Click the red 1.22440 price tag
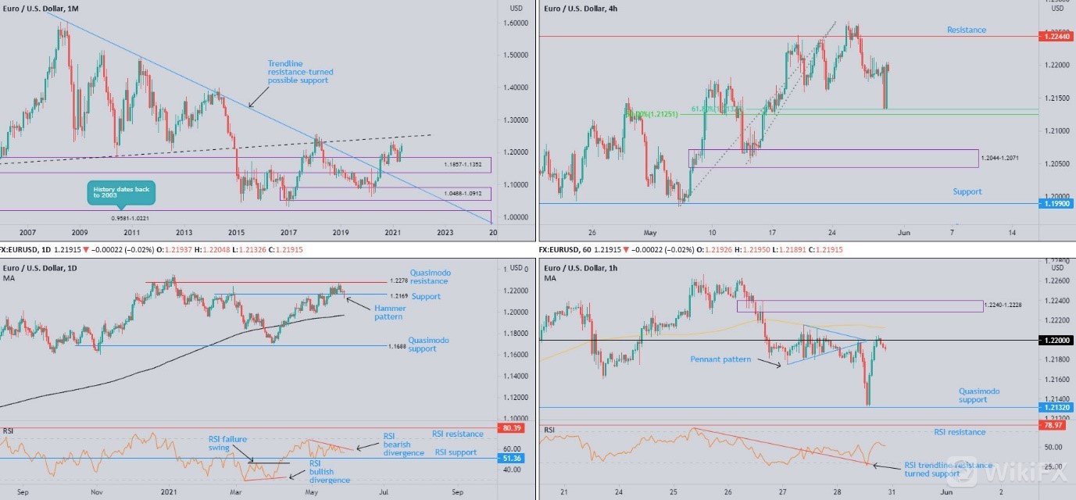[x=1055, y=36]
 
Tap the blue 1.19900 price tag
[x=1055, y=203]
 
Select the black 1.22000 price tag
[x=1056, y=341]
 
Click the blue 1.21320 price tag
[x=1056, y=407]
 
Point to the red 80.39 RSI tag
[x=513, y=428]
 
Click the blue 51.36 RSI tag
[x=513, y=459]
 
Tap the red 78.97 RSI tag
[x=1056, y=425]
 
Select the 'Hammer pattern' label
[x=389, y=312]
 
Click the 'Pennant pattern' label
[x=720, y=359]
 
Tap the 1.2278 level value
[x=398, y=281]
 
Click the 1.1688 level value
[x=398, y=345]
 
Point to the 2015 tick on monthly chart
[x=236, y=232]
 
